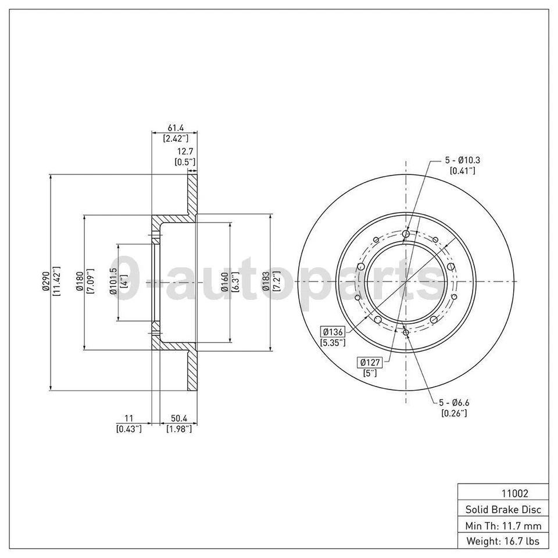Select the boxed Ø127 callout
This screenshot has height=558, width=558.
pyautogui.click(x=369, y=362)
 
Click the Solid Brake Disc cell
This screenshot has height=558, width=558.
pyautogui.click(x=503, y=509)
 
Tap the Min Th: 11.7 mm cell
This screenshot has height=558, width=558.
pyautogui.click(x=503, y=525)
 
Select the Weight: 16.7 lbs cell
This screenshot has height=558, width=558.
pyautogui.click(x=503, y=541)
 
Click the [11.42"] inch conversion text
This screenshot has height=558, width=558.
pyautogui.click(x=56, y=281)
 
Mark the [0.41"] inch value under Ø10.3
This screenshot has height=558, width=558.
pyautogui.click(x=463, y=170)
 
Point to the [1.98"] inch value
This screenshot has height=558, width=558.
pyautogui.click(x=178, y=429)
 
